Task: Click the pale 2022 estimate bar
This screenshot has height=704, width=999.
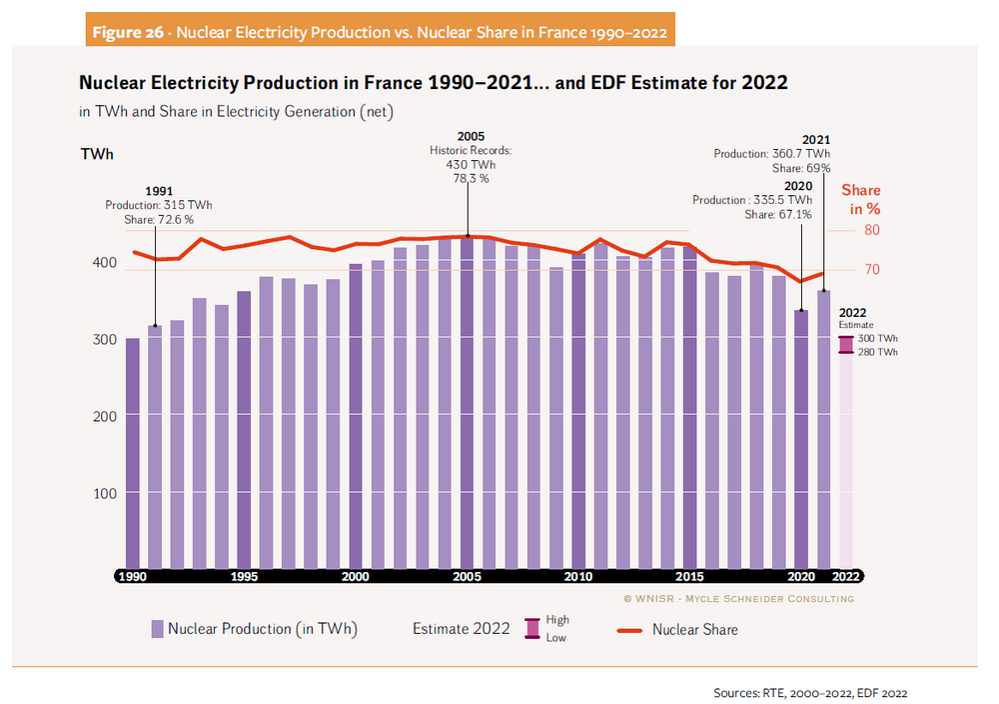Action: (846, 460)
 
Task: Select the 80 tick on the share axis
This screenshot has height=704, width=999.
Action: (871, 230)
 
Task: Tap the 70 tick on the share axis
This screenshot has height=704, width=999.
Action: (871, 270)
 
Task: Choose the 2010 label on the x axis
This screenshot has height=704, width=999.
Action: (577, 576)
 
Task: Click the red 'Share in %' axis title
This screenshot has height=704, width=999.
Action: (860, 199)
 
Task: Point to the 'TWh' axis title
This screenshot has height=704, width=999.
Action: (96, 154)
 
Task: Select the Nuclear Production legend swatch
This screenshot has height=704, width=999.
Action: (158, 629)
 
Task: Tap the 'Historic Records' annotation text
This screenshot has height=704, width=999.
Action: (471, 150)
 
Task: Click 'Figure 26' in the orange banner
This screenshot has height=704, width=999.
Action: (128, 32)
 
